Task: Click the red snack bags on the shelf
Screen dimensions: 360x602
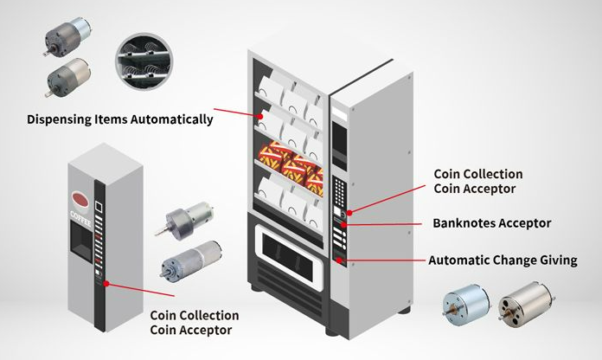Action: (291, 163)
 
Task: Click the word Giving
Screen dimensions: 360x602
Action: (556, 260)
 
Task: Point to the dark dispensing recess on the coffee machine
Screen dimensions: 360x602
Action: (80, 239)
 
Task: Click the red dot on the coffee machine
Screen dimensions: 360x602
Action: (106, 282)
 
